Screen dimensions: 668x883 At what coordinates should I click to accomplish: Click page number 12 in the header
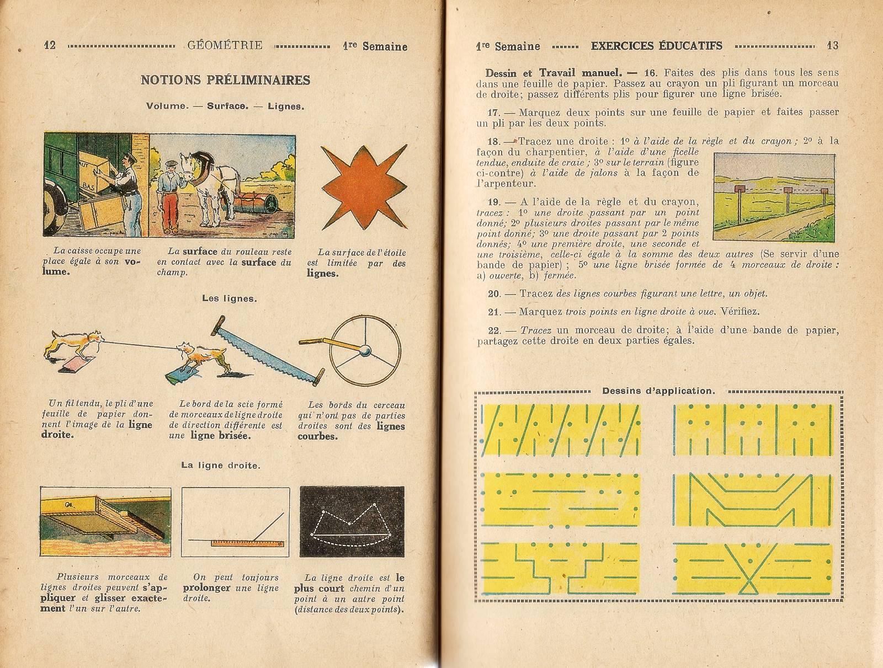[x=50, y=46]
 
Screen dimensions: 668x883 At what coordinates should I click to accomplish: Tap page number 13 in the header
[x=832, y=46]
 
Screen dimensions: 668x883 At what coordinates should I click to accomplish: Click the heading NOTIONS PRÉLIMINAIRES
[x=226, y=80]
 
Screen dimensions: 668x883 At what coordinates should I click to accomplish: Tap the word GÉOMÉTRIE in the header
[x=225, y=46]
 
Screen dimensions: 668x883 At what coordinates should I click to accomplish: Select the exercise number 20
[x=494, y=294]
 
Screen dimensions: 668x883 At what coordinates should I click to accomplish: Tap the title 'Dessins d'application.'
[x=658, y=391]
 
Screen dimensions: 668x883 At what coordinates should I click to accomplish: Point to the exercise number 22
[x=494, y=330]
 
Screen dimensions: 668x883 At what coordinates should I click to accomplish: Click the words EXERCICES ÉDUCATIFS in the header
[x=656, y=46]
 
